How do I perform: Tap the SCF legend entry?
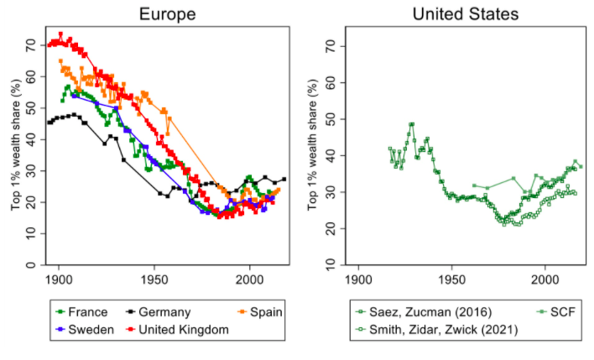[561, 312]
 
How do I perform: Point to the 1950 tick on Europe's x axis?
[154, 278]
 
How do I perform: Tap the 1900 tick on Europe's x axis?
[59, 278]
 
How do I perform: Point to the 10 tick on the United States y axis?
[333, 266]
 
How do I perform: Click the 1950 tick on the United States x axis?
[452, 278]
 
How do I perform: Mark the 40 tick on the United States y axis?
[333, 155]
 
